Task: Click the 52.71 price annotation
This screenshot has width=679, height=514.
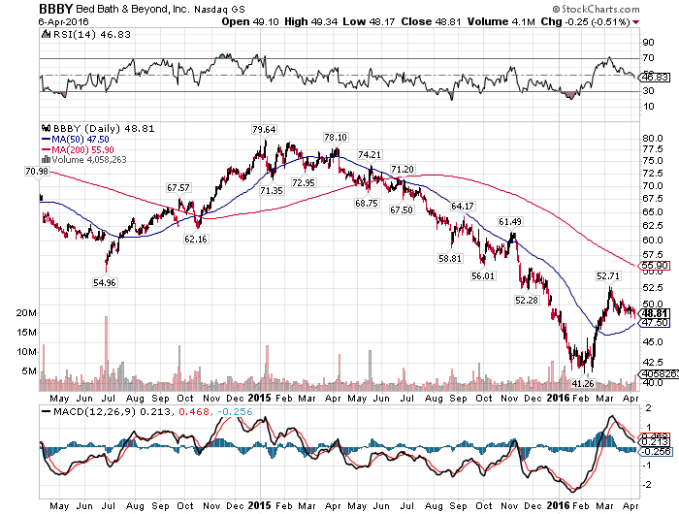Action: tap(607, 276)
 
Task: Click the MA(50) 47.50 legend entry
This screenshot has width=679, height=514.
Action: tap(80, 139)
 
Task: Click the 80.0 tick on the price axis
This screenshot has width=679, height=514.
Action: tap(652, 138)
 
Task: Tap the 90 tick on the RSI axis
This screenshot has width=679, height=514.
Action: tap(646, 43)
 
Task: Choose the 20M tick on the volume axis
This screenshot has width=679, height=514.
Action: tap(27, 314)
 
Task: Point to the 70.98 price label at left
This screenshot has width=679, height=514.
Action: tap(37, 172)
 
